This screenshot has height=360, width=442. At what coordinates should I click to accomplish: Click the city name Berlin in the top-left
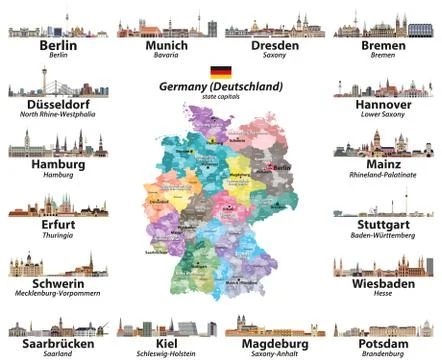coord(58,46)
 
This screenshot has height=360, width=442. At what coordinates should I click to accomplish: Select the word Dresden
coord(275,46)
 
